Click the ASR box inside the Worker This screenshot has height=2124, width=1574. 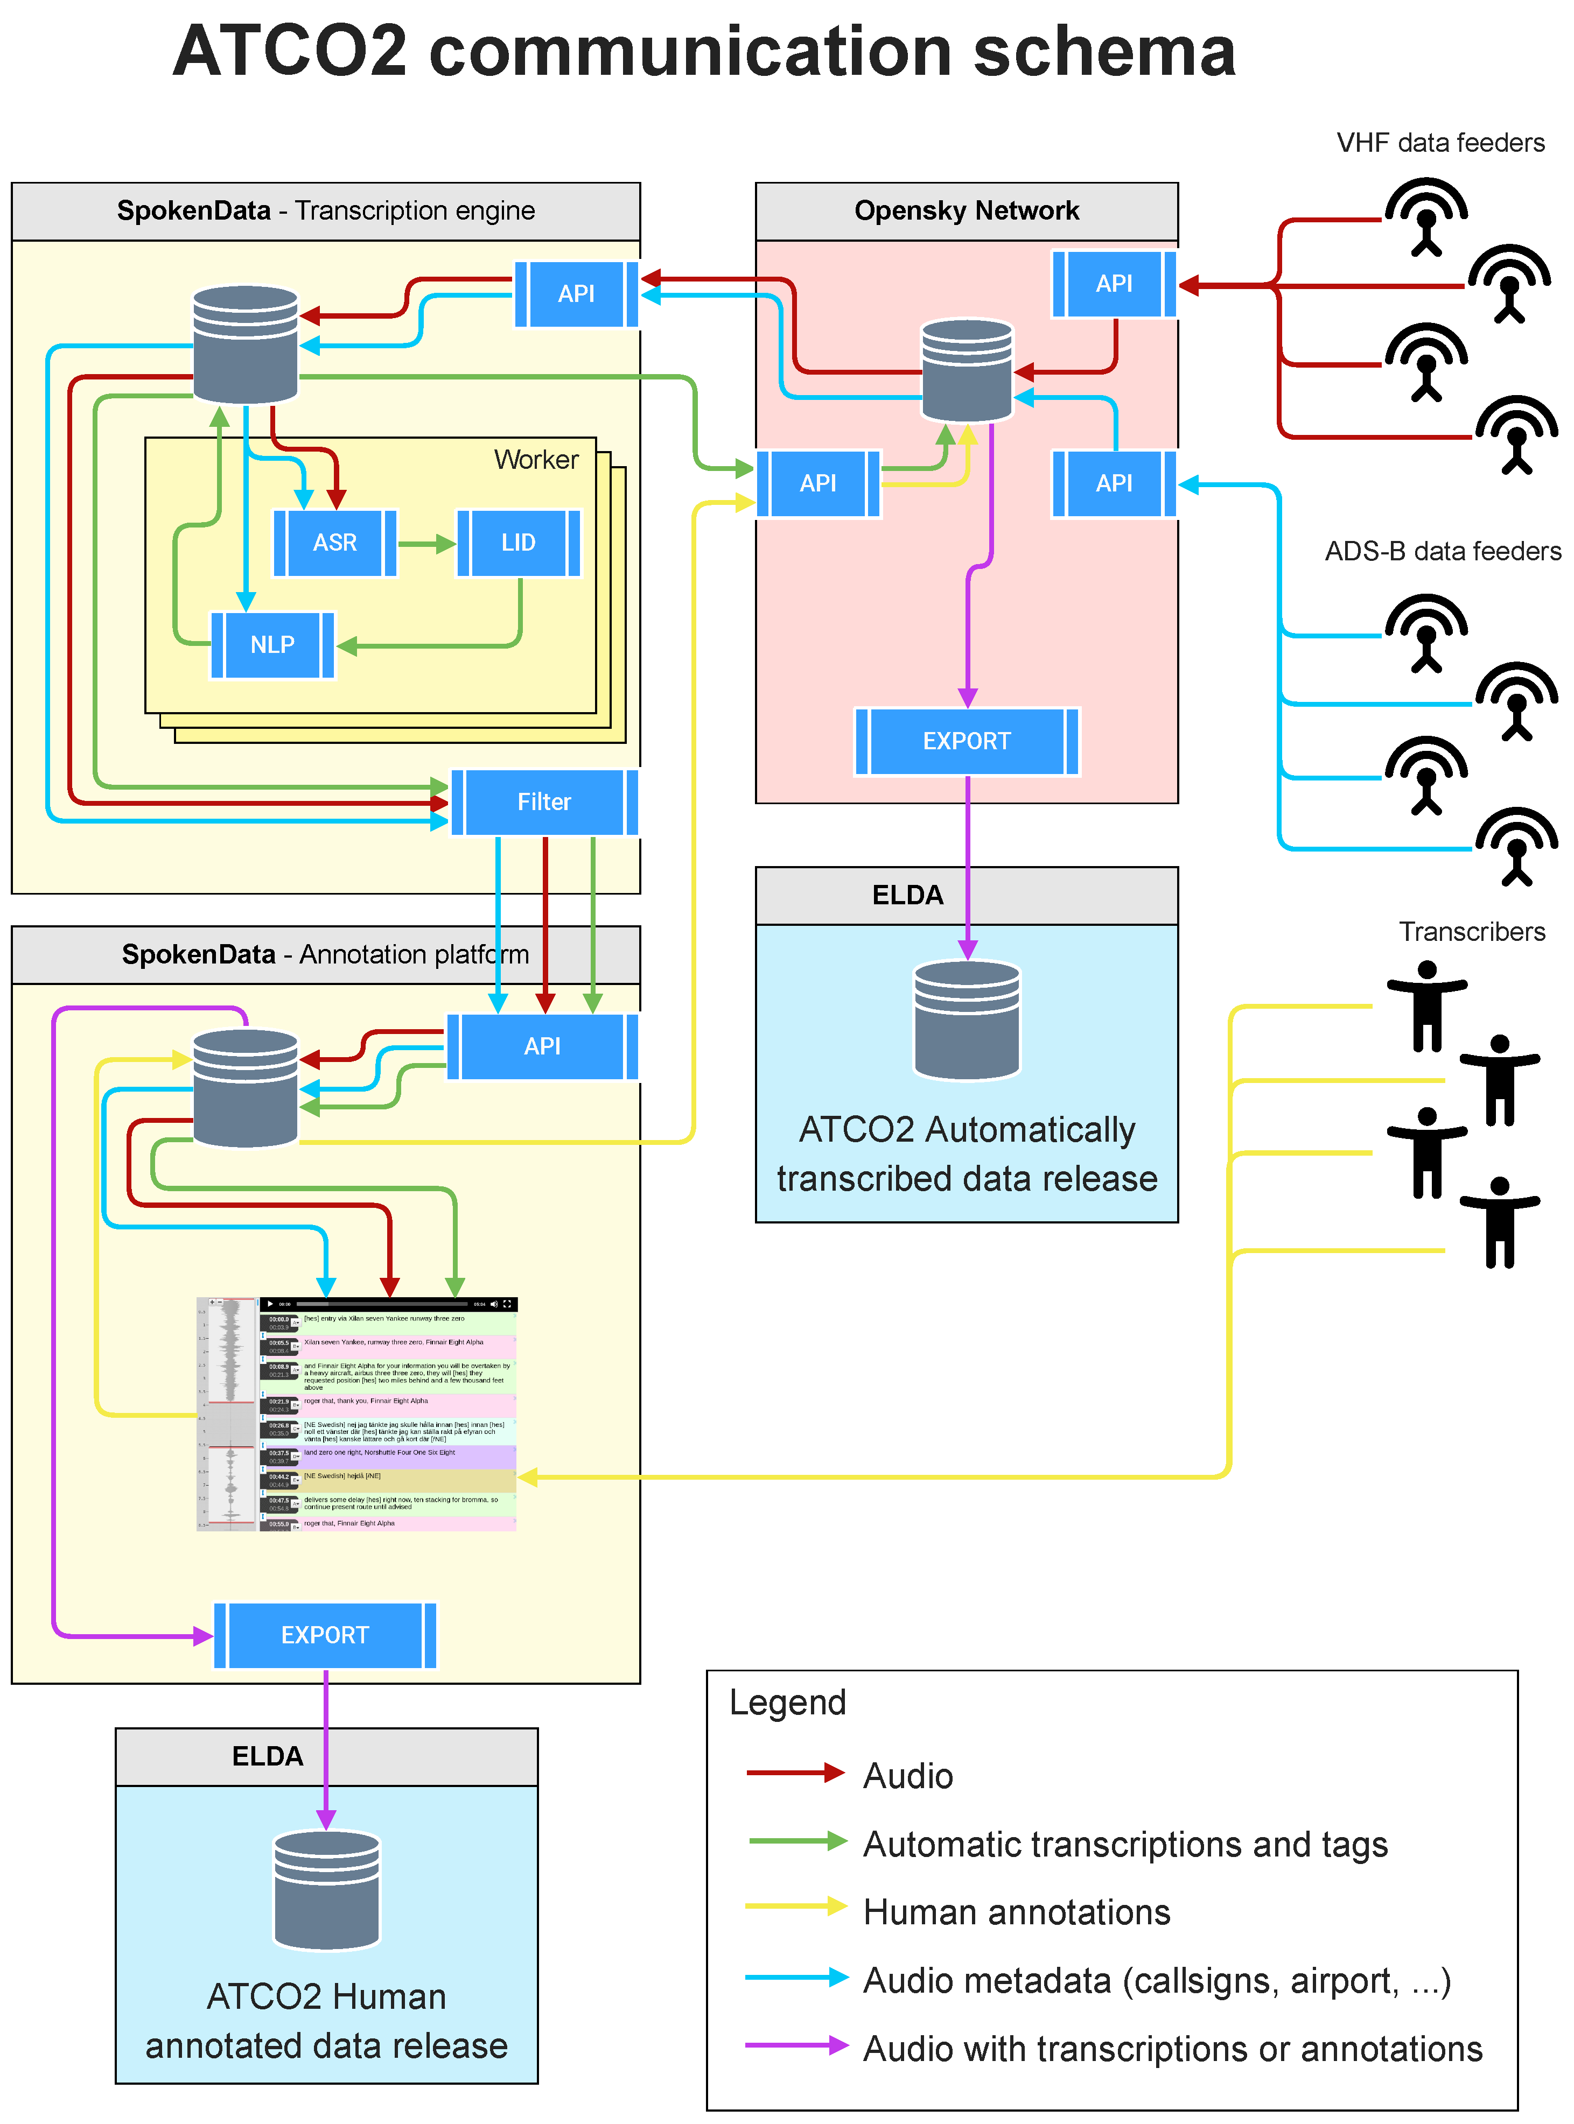334,543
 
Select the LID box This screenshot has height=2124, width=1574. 519,543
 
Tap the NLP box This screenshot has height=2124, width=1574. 272,645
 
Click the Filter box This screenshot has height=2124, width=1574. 544,802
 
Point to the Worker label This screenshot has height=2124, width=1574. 535,460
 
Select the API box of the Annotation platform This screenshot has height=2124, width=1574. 542,1047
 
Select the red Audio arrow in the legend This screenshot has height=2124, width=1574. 795,1773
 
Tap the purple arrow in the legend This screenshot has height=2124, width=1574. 795,2045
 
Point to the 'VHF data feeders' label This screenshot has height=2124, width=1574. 1440,143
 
